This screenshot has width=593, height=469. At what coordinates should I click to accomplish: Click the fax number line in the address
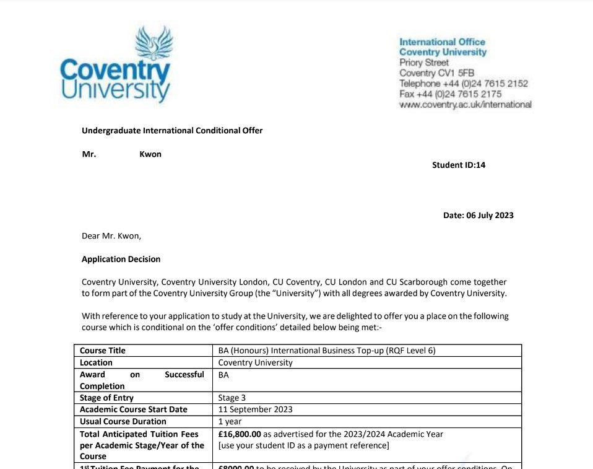coord(451,94)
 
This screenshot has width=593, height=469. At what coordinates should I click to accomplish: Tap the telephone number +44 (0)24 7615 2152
coord(464,84)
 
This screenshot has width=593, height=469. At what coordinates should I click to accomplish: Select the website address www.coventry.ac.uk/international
coord(465,105)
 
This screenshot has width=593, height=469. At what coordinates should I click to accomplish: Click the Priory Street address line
coord(425,63)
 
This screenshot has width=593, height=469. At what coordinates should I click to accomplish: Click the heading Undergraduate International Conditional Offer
coord(172,131)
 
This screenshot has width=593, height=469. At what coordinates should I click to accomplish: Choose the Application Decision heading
coord(121,259)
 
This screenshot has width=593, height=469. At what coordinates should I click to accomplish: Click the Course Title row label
coord(102,351)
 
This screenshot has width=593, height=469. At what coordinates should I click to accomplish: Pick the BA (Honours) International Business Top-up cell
coord(327,351)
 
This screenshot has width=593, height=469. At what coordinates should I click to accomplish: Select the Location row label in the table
coord(96,362)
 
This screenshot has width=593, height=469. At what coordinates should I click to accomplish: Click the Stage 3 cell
coord(233,398)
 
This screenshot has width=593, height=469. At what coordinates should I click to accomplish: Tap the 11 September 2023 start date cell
coord(256,410)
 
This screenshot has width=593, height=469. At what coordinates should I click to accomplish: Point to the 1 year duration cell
coord(230,421)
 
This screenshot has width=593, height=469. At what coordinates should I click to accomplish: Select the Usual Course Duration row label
coord(123,421)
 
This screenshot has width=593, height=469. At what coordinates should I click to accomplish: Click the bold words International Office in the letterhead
coord(442,42)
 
